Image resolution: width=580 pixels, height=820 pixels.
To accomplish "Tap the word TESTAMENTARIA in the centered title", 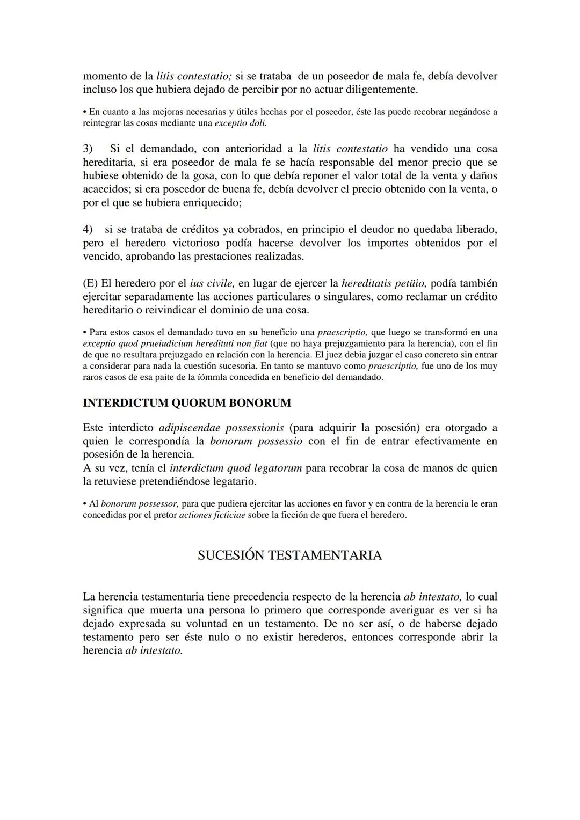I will tap(325, 555).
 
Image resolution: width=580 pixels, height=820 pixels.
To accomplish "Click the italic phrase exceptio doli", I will tap(241, 123).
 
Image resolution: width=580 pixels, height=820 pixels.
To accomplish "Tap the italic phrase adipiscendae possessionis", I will tap(221, 428).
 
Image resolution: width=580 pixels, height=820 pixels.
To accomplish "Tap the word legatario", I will tap(233, 481).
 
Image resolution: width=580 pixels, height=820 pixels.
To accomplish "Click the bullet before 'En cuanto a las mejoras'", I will tap(85, 112).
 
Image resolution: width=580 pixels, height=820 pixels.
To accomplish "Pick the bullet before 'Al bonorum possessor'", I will tap(85, 504).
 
